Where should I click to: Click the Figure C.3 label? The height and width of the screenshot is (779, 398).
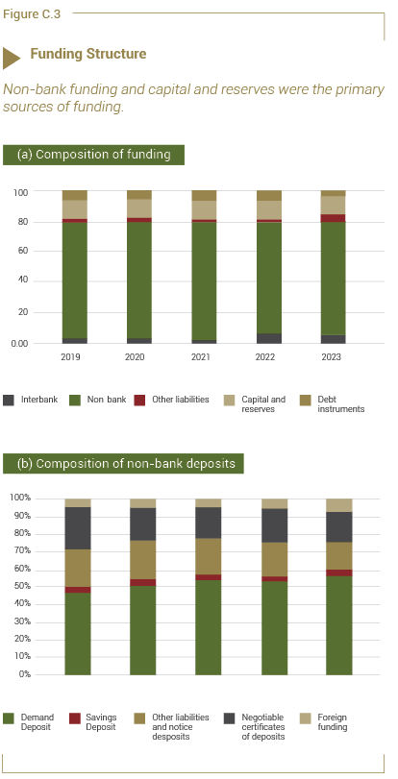32,14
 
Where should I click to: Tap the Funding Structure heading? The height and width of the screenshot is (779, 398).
88,54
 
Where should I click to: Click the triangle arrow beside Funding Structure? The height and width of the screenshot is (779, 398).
12,59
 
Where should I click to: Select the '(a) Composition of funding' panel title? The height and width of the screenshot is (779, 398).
93,155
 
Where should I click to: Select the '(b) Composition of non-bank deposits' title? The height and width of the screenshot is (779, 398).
123,464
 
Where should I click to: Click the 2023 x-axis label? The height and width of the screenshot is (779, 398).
332,356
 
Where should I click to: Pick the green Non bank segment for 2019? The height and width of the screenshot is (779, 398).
75,280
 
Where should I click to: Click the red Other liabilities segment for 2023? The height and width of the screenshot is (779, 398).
333,218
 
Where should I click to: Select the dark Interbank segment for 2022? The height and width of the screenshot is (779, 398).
268,338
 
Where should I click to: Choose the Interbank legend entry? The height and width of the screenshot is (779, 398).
31,400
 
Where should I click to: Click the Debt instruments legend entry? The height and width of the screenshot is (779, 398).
333,403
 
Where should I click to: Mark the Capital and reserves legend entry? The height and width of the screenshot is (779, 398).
255,403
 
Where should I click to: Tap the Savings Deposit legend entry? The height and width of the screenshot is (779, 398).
93,722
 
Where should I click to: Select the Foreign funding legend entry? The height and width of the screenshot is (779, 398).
324,722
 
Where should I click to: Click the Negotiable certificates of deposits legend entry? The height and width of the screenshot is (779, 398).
255,727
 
